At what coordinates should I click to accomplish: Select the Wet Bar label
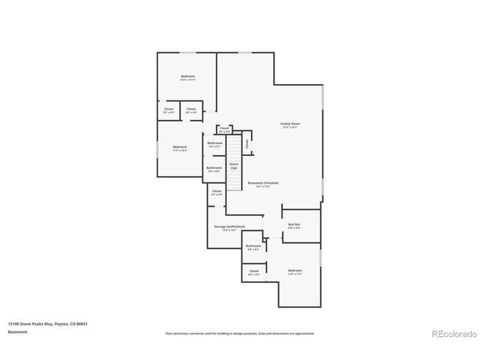294,224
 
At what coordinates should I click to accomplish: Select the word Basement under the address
18,331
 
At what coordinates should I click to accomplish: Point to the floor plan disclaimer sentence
239,333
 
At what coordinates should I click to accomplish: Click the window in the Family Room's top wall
244,52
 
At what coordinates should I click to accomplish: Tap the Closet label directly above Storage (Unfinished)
217,191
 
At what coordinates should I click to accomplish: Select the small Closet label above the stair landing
224,128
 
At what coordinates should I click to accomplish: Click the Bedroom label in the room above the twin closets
187,76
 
